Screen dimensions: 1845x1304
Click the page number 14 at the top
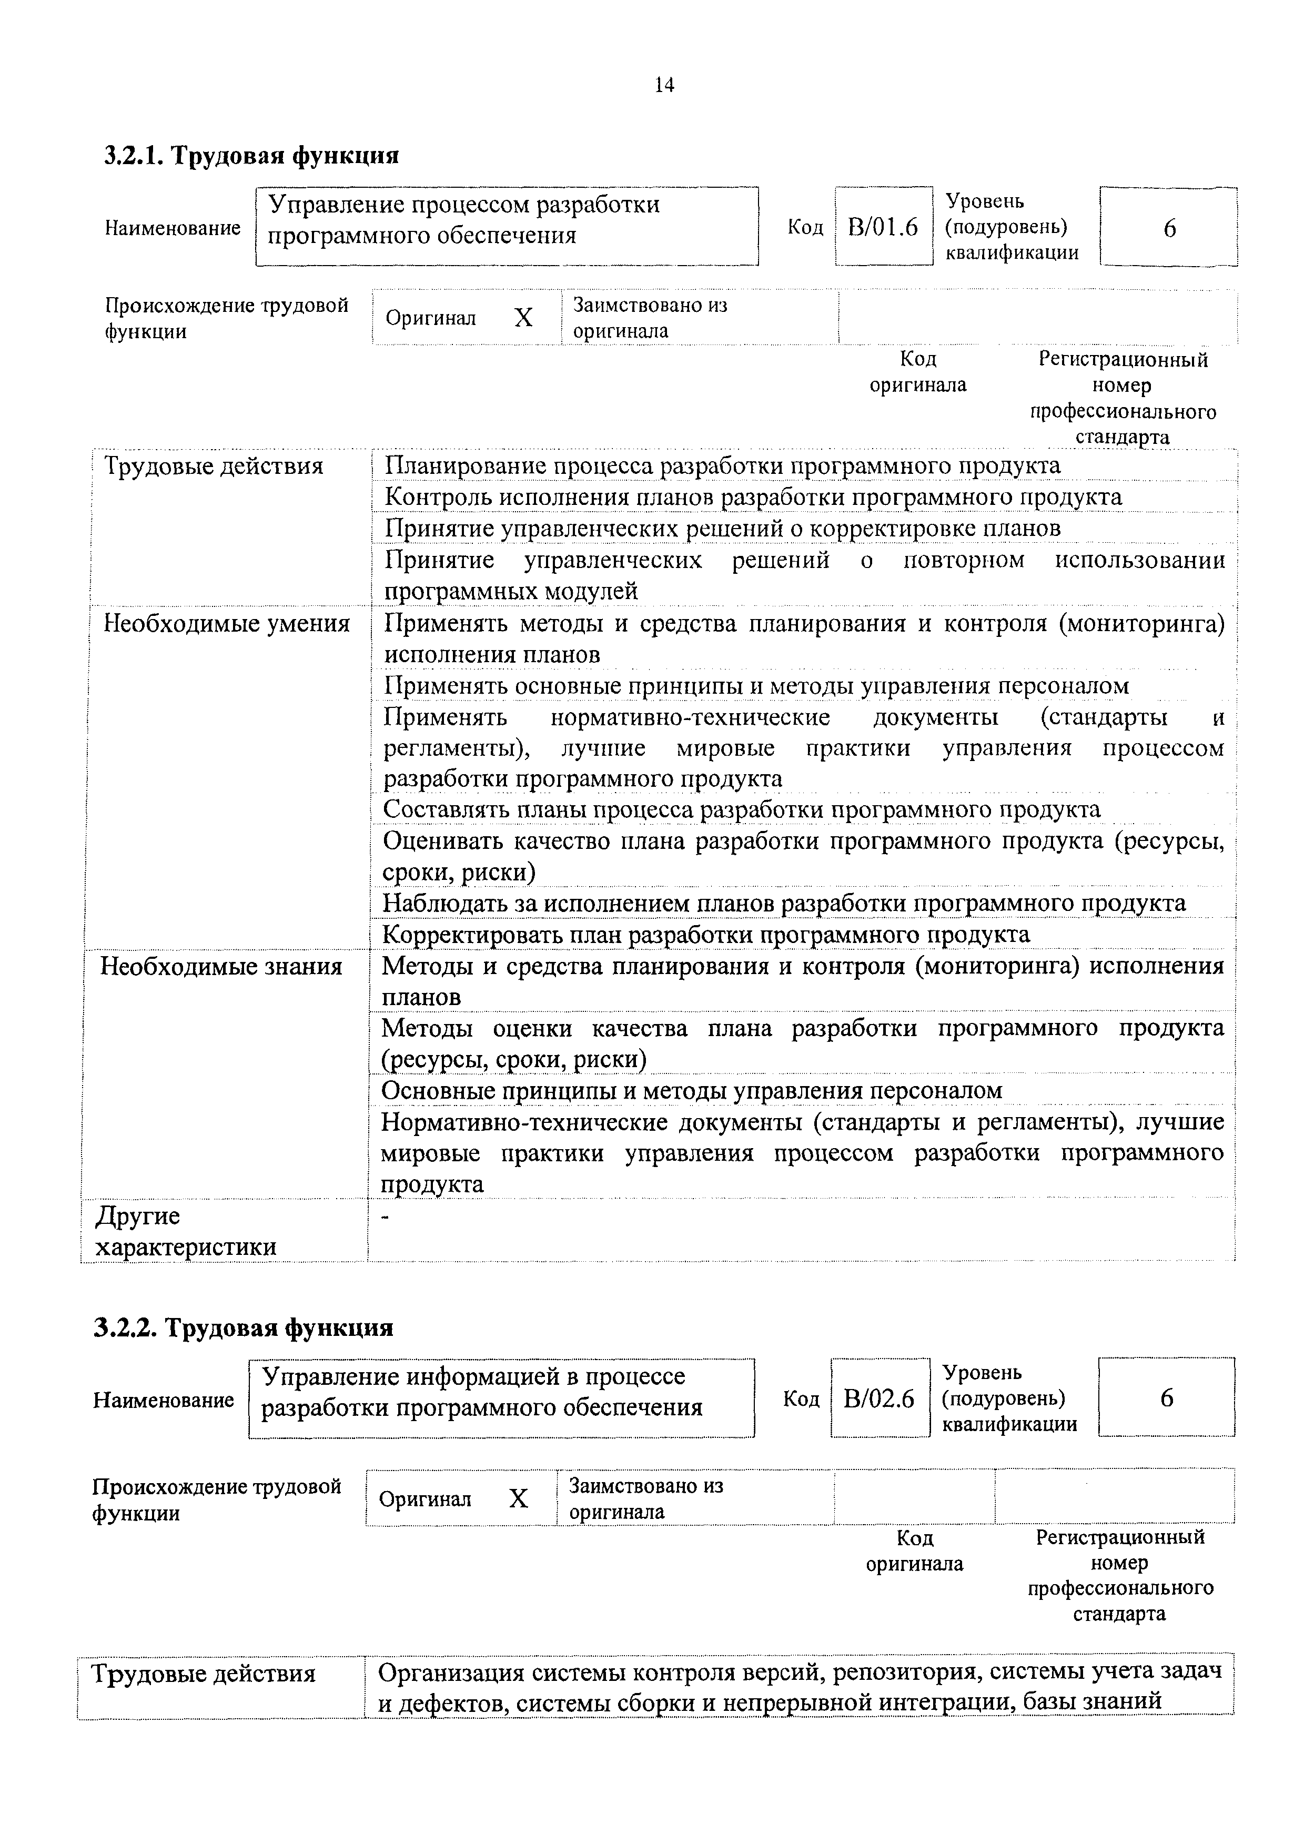(664, 84)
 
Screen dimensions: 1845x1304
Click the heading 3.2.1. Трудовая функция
(251, 154)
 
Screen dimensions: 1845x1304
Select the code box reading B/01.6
(883, 227)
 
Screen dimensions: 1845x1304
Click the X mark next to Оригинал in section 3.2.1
(523, 318)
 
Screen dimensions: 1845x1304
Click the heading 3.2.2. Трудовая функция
(244, 1327)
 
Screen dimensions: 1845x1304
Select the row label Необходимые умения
(227, 624)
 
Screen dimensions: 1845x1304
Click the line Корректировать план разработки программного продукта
(705, 935)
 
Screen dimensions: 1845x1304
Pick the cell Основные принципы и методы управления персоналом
(692, 1090)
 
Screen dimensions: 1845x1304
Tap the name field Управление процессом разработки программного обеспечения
(506, 219)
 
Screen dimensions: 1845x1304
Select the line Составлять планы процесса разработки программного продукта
(741, 809)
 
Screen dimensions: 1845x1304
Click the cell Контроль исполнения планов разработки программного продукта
(753, 496)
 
